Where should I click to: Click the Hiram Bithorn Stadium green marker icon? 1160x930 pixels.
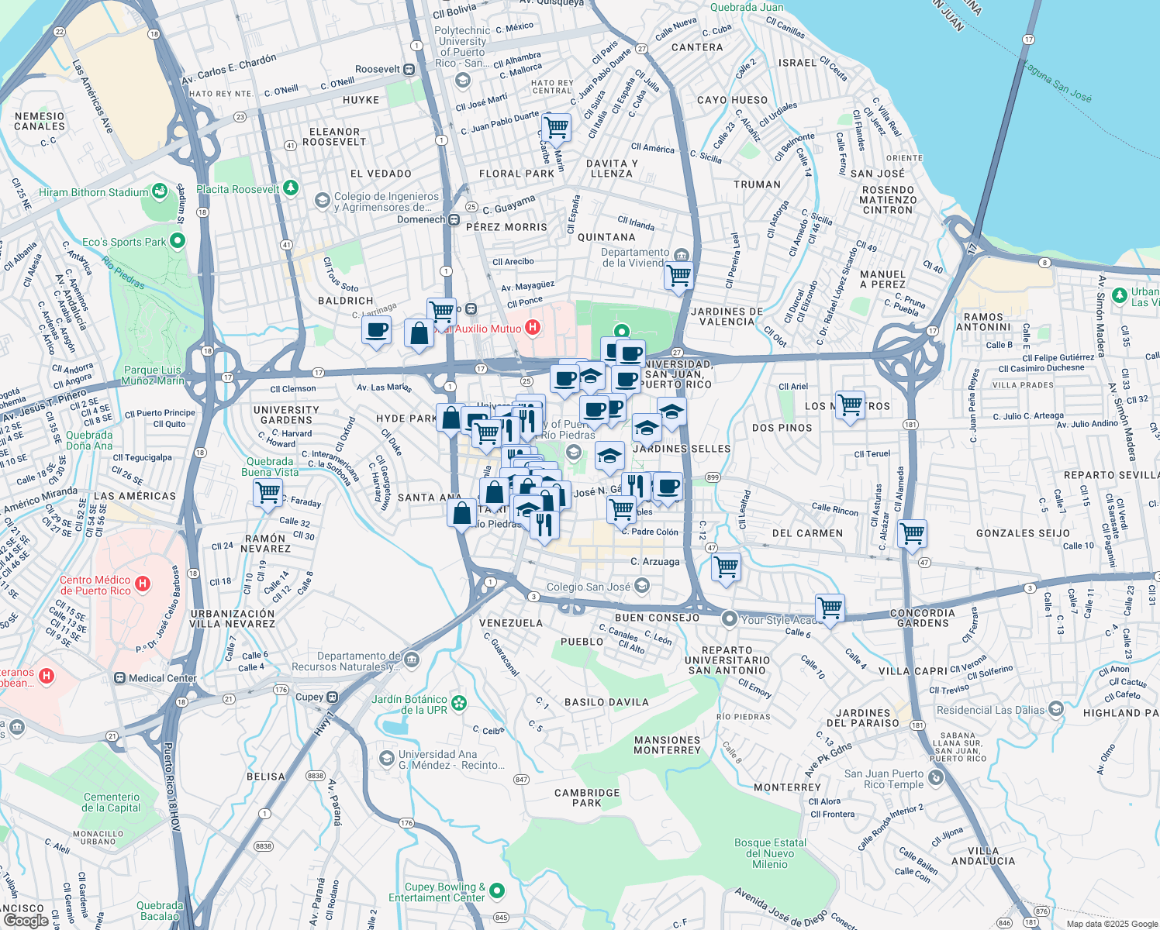pyautogui.click(x=160, y=191)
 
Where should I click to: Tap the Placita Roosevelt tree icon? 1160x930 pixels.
pyautogui.click(x=291, y=188)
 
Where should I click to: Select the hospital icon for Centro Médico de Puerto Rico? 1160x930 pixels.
pyautogui.click(x=143, y=584)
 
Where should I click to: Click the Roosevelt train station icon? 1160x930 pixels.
pyautogui.click(x=409, y=70)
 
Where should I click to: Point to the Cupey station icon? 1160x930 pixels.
pyautogui.click(x=332, y=697)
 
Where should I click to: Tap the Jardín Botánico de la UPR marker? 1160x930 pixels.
pyautogui.click(x=460, y=703)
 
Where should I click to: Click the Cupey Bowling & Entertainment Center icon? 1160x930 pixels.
pyautogui.click(x=497, y=891)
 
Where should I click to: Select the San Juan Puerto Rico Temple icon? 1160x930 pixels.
pyautogui.click(x=937, y=778)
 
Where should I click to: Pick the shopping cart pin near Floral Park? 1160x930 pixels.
pyautogui.click(x=556, y=126)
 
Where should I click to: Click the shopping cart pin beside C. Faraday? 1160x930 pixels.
pyautogui.click(x=268, y=492)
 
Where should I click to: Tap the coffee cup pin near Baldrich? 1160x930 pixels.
pyautogui.click(x=377, y=331)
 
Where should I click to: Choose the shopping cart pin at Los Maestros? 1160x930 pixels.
pyautogui.click(x=851, y=405)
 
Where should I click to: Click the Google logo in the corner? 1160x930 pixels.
pyautogui.click(x=26, y=920)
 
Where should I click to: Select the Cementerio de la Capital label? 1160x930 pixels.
pyautogui.click(x=112, y=802)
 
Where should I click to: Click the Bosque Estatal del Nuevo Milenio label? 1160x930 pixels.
pyautogui.click(x=770, y=853)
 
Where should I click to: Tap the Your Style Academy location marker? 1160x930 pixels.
pyautogui.click(x=729, y=618)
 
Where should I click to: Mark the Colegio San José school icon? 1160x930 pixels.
pyautogui.click(x=642, y=586)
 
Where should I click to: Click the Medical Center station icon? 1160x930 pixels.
pyautogui.click(x=119, y=678)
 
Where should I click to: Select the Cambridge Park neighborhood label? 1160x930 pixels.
pyautogui.click(x=587, y=797)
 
